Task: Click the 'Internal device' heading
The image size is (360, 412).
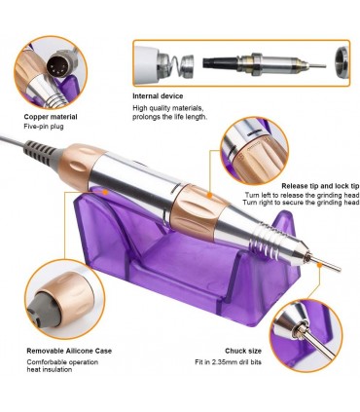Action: pyautogui.click(x=158, y=96)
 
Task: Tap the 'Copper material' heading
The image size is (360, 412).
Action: pyautogui.click(x=51, y=117)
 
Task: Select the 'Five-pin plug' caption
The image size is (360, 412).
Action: pyautogui.click(x=44, y=127)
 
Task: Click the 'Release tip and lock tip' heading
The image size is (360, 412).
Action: pyautogui.click(x=320, y=186)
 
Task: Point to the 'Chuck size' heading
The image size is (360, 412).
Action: pyautogui.click(x=243, y=351)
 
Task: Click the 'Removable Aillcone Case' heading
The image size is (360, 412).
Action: pyautogui.click(x=69, y=351)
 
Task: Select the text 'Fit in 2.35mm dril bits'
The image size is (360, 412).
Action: pyautogui.click(x=228, y=361)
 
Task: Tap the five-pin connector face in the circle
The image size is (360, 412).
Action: pyautogui.click(x=57, y=63)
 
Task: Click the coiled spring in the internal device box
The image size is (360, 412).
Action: pyautogui.click(x=173, y=67)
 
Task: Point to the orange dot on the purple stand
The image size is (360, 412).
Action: pyautogui.click(x=105, y=192)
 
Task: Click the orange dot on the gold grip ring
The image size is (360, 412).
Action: pyautogui.click(x=210, y=196)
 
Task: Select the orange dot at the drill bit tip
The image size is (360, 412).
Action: pyautogui.click(x=319, y=265)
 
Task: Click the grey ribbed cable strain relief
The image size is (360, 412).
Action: pyautogui.click(x=42, y=152)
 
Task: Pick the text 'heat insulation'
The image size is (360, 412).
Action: pyautogui.click(x=50, y=369)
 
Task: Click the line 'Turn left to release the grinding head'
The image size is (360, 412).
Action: pyautogui.click(x=302, y=195)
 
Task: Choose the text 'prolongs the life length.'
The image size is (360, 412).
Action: pyautogui.click(x=169, y=117)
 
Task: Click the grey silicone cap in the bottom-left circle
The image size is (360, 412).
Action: pyautogui.click(x=43, y=307)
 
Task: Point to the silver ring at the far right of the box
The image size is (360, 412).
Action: pyautogui.click(x=342, y=62)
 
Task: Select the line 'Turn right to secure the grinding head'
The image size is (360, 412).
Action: pyautogui.click(x=301, y=203)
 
